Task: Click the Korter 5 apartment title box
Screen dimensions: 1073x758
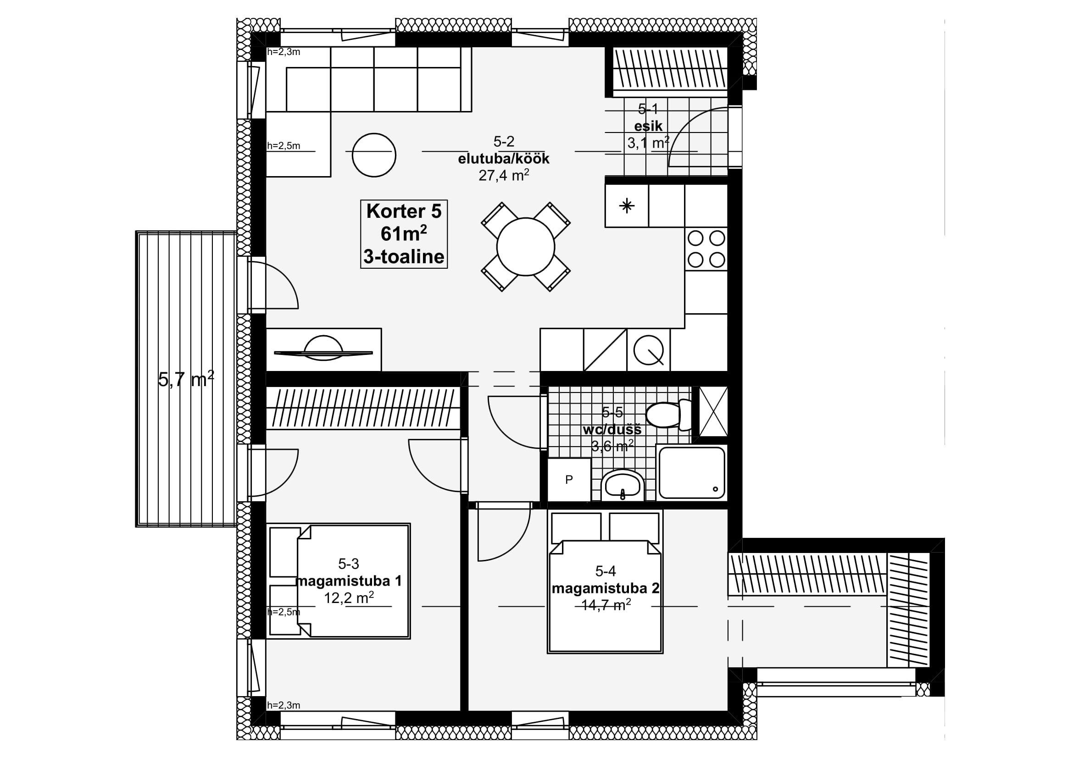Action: pyautogui.click(x=404, y=234)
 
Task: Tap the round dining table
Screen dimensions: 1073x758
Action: pyautogui.click(x=525, y=247)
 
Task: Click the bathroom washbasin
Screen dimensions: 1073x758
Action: pyautogui.click(x=623, y=486)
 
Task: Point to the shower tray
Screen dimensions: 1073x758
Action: pyautogui.click(x=692, y=473)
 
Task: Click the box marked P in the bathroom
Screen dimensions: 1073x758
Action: pyautogui.click(x=569, y=480)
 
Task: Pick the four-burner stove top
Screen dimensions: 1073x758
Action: pyautogui.click(x=706, y=249)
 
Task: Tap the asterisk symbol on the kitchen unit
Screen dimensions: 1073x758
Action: pyautogui.click(x=627, y=206)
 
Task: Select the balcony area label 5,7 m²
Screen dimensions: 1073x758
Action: pyautogui.click(x=186, y=379)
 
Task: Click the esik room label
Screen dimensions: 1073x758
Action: pyautogui.click(x=648, y=126)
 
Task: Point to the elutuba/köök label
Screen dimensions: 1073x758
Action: pyautogui.click(x=503, y=159)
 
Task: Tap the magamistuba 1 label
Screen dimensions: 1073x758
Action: pyautogui.click(x=349, y=581)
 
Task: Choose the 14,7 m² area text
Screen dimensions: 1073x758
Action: pyautogui.click(x=606, y=605)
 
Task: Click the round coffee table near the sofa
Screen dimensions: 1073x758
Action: pyautogui.click(x=374, y=155)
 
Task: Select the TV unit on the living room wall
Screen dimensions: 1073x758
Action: pyautogui.click(x=323, y=350)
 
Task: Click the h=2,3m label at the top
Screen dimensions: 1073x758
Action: pyautogui.click(x=283, y=52)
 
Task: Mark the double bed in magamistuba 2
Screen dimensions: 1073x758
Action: pyautogui.click(x=605, y=581)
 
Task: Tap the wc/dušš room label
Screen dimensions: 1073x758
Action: pyautogui.click(x=612, y=429)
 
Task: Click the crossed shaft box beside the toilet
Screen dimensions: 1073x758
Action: pyautogui.click(x=713, y=411)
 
